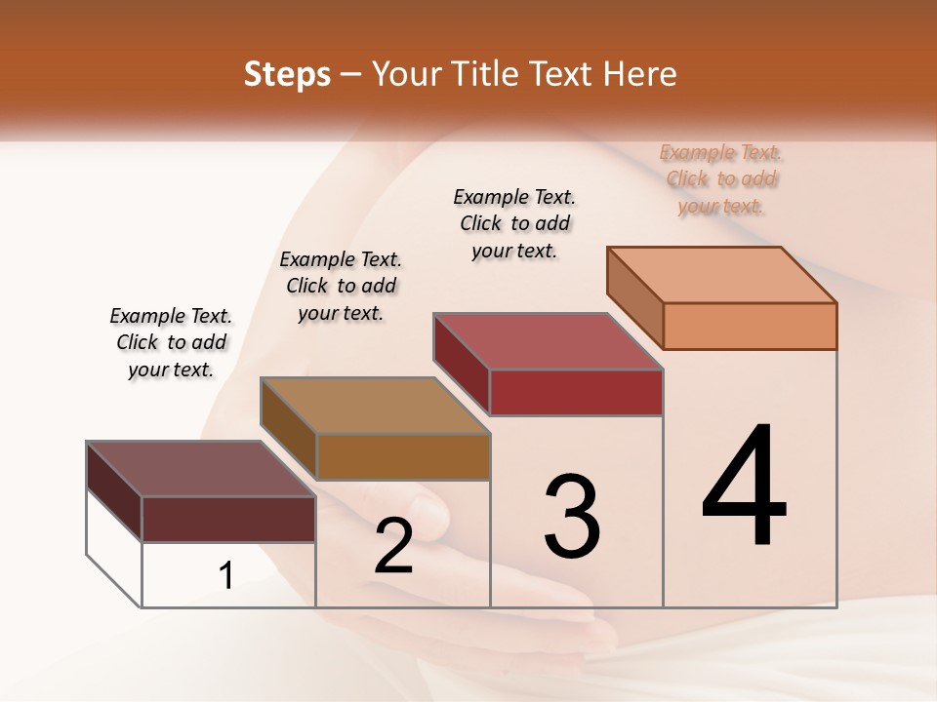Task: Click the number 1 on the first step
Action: pos(226,576)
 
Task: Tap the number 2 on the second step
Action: pos(393,546)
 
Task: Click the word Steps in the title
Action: pos(287,74)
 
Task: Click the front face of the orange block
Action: pos(750,326)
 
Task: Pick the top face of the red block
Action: pos(548,341)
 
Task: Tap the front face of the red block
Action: pos(576,392)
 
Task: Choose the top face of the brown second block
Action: pos(375,406)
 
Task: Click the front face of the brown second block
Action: pos(403,456)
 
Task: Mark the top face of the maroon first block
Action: pos(201,469)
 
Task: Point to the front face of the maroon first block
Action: pos(228,519)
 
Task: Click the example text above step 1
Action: pos(171,342)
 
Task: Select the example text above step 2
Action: pos(341,286)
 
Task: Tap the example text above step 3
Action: pos(514,223)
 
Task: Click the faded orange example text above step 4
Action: pos(721,178)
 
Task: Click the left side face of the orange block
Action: pos(635,297)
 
